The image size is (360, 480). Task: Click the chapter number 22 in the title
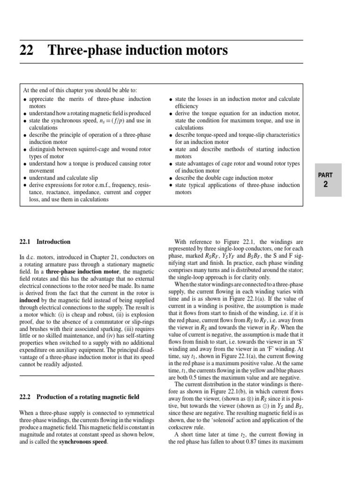[26, 51]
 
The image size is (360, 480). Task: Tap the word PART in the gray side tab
[325, 175]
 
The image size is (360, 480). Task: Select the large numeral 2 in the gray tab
[325, 185]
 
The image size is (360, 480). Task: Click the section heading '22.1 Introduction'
[45, 242]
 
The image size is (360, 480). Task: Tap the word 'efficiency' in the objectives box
[187, 106]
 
